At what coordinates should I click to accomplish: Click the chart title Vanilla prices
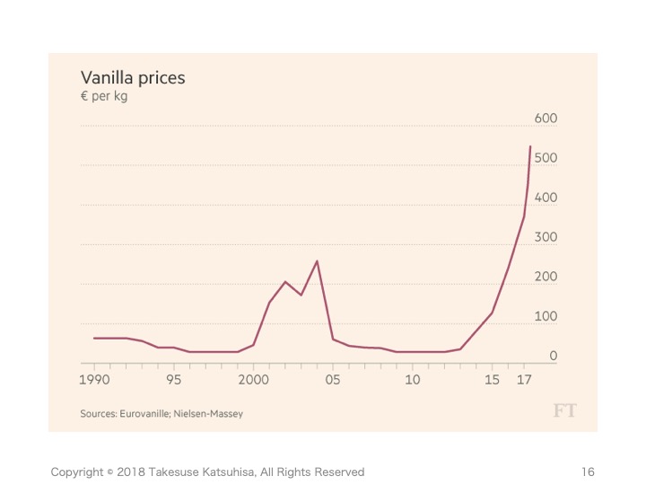click(x=133, y=78)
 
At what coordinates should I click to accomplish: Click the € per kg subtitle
click(x=104, y=97)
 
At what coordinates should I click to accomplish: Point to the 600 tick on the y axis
click(x=546, y=119)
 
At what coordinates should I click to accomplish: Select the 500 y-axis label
click(x=546, y=158)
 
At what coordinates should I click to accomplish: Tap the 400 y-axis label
click(x=546, y=198)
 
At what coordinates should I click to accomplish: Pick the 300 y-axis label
click(x=546, y=237)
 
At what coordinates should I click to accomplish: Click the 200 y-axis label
click(x=546, y=277)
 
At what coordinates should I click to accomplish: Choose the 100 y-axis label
click(x=546, y=316)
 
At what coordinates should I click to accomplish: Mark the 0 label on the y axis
click(x=553, y=356)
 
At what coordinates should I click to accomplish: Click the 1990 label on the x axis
click(x=94, y=380)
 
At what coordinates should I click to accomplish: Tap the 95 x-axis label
click(x=173, y=380)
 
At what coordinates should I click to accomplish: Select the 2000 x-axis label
click(x=253, y=380)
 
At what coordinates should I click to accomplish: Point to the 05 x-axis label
click(x=333, y=380)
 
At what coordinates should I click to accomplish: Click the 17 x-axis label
click(x=524, y=380)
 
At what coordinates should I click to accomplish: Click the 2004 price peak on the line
click(x=317, y=261)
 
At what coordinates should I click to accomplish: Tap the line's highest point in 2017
click(x=530, y=146)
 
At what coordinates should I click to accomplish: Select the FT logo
click(x=564, y=410)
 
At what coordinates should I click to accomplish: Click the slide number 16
click(x=588, y=472)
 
